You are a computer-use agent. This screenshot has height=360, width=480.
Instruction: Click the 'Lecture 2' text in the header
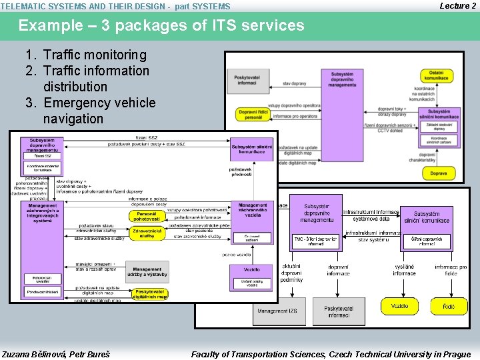(457, 6)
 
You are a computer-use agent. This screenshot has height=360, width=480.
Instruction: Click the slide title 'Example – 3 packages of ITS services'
(161, 26)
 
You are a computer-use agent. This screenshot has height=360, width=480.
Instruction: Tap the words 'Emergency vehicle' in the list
(99, 103)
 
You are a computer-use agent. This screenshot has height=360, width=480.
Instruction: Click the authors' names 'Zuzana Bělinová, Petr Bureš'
(56, 354)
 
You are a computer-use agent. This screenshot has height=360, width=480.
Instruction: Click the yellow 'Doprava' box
(438, 173)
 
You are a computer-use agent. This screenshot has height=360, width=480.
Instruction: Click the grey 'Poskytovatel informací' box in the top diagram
(248, 81)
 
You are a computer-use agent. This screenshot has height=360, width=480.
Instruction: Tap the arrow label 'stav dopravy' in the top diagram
(295, 83)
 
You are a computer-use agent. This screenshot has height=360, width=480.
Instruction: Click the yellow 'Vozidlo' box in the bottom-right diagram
(400, 306)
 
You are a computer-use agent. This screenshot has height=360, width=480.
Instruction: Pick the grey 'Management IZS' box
(277, 311)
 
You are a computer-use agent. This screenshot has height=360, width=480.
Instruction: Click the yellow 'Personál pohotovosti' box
(147, 217)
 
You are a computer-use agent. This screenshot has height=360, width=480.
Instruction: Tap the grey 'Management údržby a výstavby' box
(147, 272)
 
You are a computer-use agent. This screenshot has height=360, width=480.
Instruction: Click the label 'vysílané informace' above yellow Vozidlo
(404, 270)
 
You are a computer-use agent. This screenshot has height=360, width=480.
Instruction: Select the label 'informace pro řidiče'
(451, 270)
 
